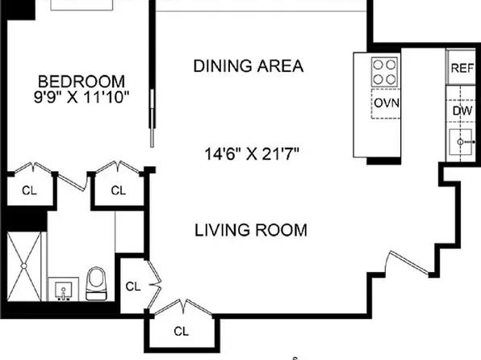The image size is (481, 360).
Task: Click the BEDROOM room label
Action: (82, 82)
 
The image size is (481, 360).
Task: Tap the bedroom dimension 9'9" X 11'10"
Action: (82, 98)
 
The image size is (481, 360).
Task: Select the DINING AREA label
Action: (249, 66)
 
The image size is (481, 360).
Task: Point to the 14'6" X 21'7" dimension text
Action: (252, 153)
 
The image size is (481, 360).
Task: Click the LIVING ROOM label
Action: (251, 230)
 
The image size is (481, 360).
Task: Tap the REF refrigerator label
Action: (462, 68)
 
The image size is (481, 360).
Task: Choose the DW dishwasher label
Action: (462, 111)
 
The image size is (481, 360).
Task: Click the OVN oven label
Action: (387, 103)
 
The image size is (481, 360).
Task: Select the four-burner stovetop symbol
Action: (384, 72)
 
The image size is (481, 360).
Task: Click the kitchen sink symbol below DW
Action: (461, 142)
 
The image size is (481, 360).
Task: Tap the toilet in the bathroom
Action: (96, 284)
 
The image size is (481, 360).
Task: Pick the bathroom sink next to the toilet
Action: (63, 289)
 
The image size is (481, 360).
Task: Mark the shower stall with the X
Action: (24, 266)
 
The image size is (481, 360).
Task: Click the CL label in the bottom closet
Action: (181, 332)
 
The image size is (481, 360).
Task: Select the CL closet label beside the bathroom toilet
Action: (133, 287)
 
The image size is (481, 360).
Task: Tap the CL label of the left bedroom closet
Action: (29, 190)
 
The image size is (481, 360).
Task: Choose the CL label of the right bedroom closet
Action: (119, 190)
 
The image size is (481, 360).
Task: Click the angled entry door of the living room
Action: (408, 262)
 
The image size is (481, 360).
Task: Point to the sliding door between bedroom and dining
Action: (152, 118)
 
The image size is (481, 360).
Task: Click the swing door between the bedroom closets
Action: (73, 182)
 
